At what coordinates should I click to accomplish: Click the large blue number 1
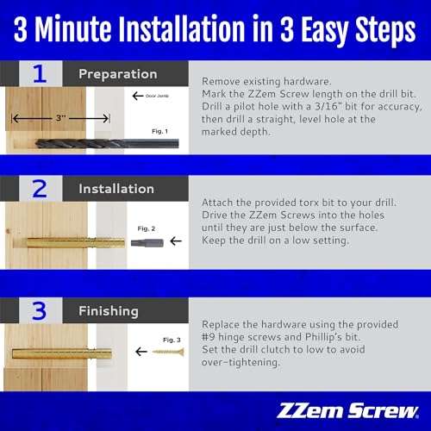(40, 74)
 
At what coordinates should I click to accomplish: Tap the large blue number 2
(40, 188)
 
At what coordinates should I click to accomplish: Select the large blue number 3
(40, 309)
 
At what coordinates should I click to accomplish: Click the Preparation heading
(118, 74)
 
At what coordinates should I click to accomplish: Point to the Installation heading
(116, 188)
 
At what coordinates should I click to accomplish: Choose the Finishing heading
(107, 309)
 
